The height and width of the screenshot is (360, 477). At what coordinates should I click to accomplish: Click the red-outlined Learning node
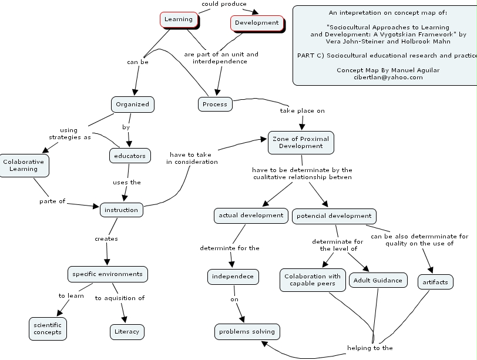(179, 19)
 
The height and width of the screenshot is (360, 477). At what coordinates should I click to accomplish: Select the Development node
(257, 23)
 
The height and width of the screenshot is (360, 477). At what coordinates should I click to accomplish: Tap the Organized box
(132, 105)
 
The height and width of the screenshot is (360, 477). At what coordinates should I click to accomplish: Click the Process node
(214, 104)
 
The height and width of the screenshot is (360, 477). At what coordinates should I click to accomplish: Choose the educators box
(130, 156)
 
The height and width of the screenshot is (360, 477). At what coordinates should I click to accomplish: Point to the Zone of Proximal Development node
(301, 142)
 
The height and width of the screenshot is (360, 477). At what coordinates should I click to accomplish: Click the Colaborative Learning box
(23, 165)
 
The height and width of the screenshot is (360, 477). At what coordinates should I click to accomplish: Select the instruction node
(121, 210)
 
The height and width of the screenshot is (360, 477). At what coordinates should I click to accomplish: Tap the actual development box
(251, 216)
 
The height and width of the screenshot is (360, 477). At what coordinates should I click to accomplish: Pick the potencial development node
(334, 216)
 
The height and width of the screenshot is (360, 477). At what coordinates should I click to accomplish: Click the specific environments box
(107, 274)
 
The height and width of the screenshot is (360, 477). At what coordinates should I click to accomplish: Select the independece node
(233, 276)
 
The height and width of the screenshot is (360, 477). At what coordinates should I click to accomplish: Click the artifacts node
(435, 282)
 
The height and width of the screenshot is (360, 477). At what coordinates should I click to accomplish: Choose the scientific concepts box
(48, 328)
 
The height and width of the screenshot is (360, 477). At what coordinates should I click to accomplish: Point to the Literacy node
(127, 332)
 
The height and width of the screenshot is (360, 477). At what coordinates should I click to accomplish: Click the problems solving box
(247, 332)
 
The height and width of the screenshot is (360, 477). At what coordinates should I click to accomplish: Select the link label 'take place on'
(302, 110)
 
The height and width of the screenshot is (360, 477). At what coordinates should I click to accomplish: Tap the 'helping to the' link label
(370, 348)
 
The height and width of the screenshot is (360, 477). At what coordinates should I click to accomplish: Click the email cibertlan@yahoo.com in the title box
(388, 77)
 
